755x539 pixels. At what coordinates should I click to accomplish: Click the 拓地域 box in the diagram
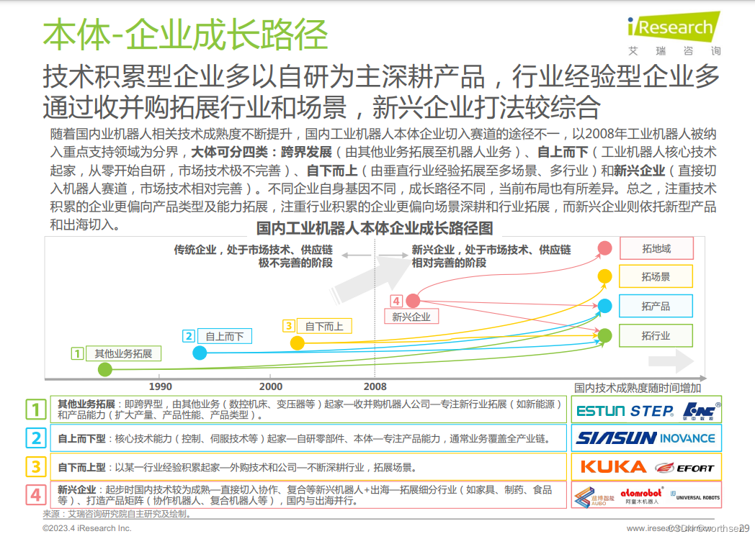click(x=656, y=249)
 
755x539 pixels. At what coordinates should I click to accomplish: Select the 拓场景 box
click(x=656, y=277)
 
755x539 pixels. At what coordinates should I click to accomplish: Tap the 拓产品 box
click(x=656, y=307)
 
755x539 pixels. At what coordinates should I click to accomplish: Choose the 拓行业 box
click(x=656, y=335)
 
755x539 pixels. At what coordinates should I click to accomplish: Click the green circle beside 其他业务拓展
click(x=105, y=370)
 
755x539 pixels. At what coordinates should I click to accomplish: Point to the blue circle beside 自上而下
click(x=200, y=353)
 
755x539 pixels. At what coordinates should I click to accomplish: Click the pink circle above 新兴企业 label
click(x=413, y=301)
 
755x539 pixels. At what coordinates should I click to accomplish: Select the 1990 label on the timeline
click(x=160, y=386)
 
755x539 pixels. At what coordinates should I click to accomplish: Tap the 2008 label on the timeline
click(x=375, y=386)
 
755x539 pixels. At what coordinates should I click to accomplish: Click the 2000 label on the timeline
click(x=270, y=386)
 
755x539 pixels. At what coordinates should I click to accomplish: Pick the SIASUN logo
click(x=616, y=438)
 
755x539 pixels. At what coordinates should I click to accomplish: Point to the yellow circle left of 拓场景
click(x=605, y=276)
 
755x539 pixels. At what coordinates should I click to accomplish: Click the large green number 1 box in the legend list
click(x=36, y=410)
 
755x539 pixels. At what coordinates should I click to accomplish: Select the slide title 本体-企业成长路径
click(x=185, y=34)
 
